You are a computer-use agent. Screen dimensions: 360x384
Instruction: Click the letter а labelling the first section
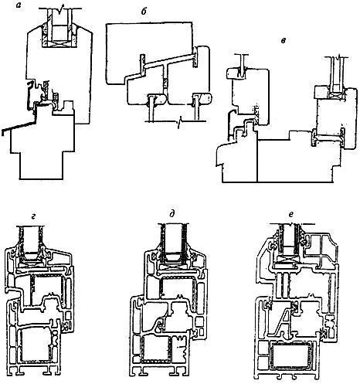click(19, 5)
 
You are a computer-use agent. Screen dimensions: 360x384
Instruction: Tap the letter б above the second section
click(144, 12)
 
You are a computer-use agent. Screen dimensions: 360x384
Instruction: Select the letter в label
click(284, 41)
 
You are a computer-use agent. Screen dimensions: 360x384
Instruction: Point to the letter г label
click(32, 216)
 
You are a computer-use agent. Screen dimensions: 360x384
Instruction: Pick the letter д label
click(172, 213)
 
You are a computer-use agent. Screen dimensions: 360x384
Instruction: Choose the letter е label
click(290, 215)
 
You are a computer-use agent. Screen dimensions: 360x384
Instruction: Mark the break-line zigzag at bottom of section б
click(179, 120)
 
